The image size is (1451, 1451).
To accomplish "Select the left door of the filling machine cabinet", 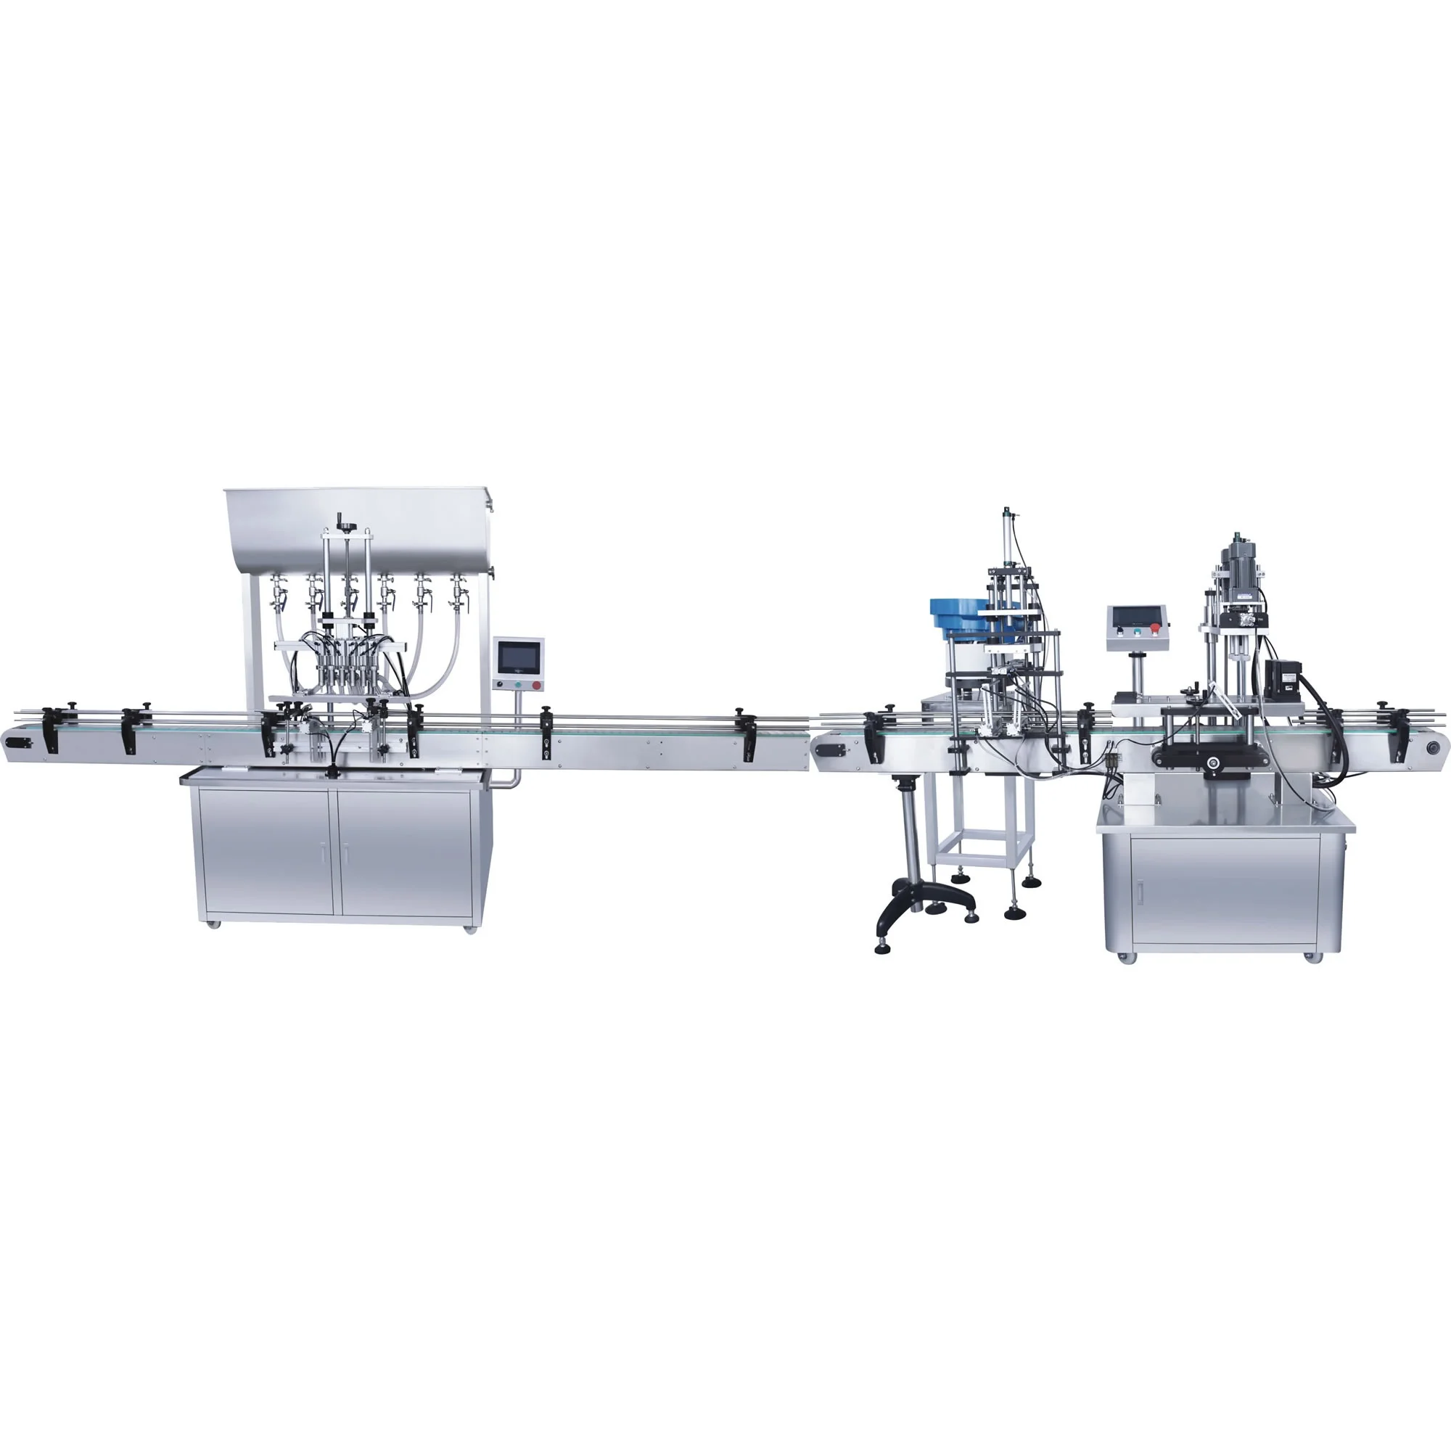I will [x=266, y=853].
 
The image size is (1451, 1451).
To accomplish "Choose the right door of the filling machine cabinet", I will [x=406, y=853].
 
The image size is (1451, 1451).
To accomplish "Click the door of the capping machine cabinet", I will [x=1225, y=892].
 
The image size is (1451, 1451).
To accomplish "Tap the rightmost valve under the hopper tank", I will [x=454, y=596].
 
